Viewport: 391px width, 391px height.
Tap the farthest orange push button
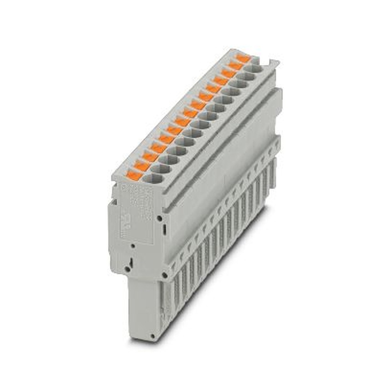[243, 59]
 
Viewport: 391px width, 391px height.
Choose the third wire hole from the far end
[240, 84]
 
